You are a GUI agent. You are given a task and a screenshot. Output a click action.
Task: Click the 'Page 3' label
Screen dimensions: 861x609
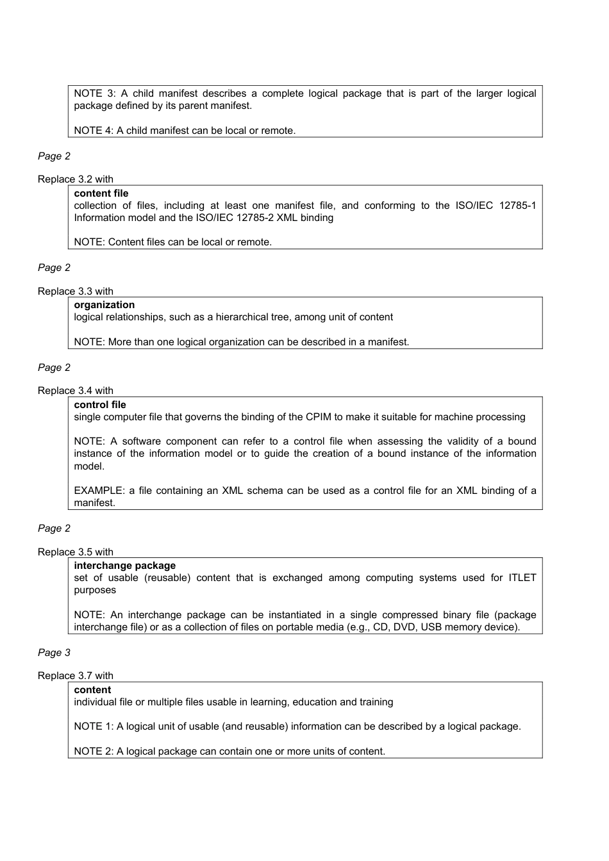point(54,652)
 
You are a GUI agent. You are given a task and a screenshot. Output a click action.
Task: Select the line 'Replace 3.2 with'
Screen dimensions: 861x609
point(75,179)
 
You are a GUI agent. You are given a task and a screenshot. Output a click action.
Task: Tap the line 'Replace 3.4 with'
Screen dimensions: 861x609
point(75,391)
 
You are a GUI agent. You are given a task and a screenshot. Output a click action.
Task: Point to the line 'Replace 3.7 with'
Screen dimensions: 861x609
point(75,676)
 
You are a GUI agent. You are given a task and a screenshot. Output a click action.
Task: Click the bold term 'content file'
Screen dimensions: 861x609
point(101,193)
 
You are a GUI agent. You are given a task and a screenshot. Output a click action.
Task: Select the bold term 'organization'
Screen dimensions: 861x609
point(104,305)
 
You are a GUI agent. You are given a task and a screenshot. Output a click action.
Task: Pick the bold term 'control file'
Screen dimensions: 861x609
point(99,405)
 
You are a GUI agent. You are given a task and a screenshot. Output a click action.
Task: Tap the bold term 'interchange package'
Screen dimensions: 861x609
point(124,566)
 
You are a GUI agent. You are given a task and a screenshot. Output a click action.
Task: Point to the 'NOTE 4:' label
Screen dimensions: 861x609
point(94,131)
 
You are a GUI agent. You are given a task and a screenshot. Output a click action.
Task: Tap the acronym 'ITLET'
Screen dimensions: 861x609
point(522,578)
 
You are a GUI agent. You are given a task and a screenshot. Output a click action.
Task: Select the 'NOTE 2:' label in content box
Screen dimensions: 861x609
point(94,751)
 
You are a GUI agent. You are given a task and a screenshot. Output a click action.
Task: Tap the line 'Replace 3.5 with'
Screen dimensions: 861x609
point(75,552)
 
